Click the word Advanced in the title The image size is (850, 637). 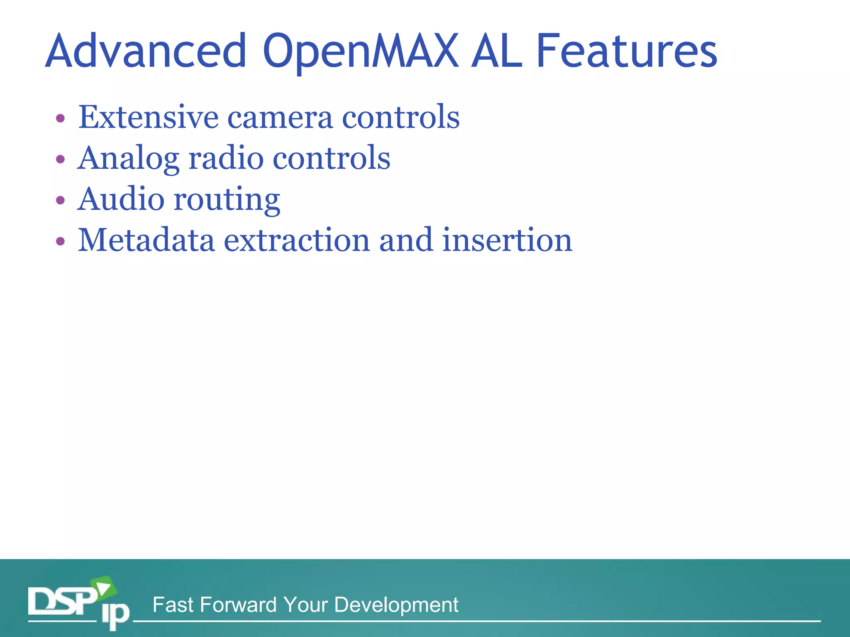146,51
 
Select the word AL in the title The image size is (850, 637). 496,51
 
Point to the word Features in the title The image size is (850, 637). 627,51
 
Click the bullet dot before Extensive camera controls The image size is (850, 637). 61,119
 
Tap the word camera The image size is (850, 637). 280,118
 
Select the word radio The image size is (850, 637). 226,158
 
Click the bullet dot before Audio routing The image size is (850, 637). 61,200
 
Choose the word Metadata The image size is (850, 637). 146,241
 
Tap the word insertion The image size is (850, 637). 507,241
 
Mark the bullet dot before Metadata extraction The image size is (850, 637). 61,241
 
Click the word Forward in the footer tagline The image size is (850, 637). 238,605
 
